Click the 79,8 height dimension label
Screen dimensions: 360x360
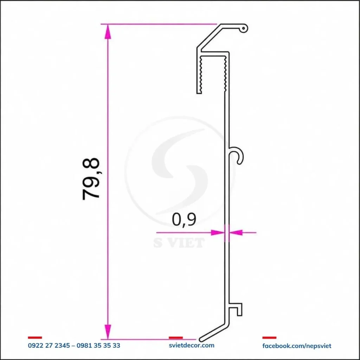pos(91,179)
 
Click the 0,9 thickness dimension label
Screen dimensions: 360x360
pos(184,220)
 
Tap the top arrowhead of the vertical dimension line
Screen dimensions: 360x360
pos(108,32)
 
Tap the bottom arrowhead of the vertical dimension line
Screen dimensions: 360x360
pos(108,332)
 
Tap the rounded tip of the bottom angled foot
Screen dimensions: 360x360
pos(201,339)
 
